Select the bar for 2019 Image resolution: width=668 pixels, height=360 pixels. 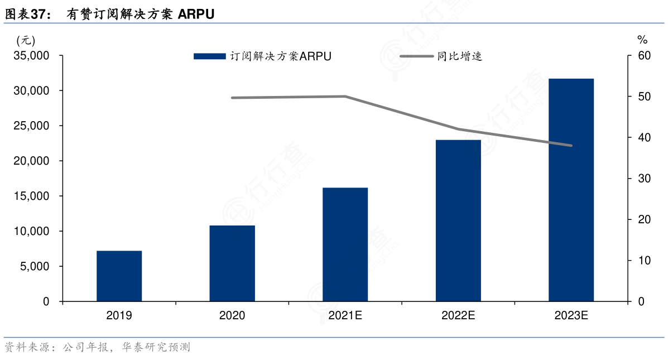tap(119, 276)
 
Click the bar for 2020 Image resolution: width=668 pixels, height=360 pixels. tap(232, 263)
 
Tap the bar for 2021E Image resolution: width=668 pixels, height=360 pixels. tap(345, 244)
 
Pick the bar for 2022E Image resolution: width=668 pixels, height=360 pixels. tap(458, 220)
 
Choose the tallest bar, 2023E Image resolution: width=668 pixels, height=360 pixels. tap(571, 190)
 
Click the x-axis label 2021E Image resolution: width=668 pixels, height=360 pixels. tap(345, 316)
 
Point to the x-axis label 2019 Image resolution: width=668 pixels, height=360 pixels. tap(119, 316)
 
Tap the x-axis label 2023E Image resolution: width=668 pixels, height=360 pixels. tap(571, 316)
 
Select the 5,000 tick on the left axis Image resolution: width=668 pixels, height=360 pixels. tap(36, 267)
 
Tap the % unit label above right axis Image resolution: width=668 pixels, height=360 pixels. tap(642, 40)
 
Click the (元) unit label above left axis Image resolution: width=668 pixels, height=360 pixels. tap(26, 40)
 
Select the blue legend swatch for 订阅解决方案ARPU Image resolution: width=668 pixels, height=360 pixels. tap(210, 56)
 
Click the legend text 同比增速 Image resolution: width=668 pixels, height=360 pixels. tap(459, 56)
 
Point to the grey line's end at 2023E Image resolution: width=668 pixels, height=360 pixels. tap(571, 146)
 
